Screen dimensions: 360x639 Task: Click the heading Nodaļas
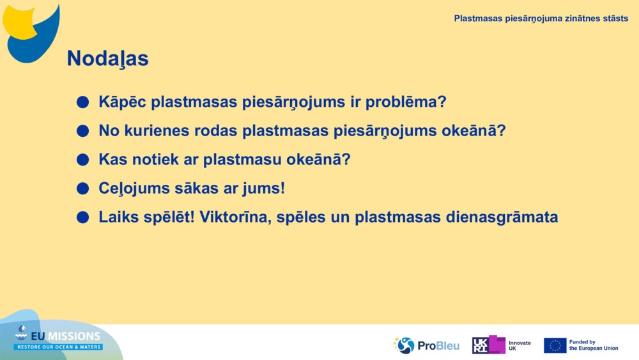(x=107, y=59)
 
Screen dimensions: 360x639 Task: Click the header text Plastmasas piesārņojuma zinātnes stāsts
(x=541, y=18)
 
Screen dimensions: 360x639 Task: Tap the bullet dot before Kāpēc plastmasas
(x=82, y=102)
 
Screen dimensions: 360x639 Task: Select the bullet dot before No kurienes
(x=82, y=131)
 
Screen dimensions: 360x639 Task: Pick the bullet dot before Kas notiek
(x=82, y=160)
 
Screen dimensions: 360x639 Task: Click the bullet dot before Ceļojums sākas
(x=82, y=189)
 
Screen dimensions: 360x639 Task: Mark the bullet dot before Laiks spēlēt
(x=82, y=217)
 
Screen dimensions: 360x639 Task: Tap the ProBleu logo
(x=426, y=345)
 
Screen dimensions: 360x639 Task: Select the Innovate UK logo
(x=501, y=345)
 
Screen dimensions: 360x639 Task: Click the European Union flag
(x=555, y=345)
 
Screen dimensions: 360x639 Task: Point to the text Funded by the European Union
(x=594, y=345)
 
